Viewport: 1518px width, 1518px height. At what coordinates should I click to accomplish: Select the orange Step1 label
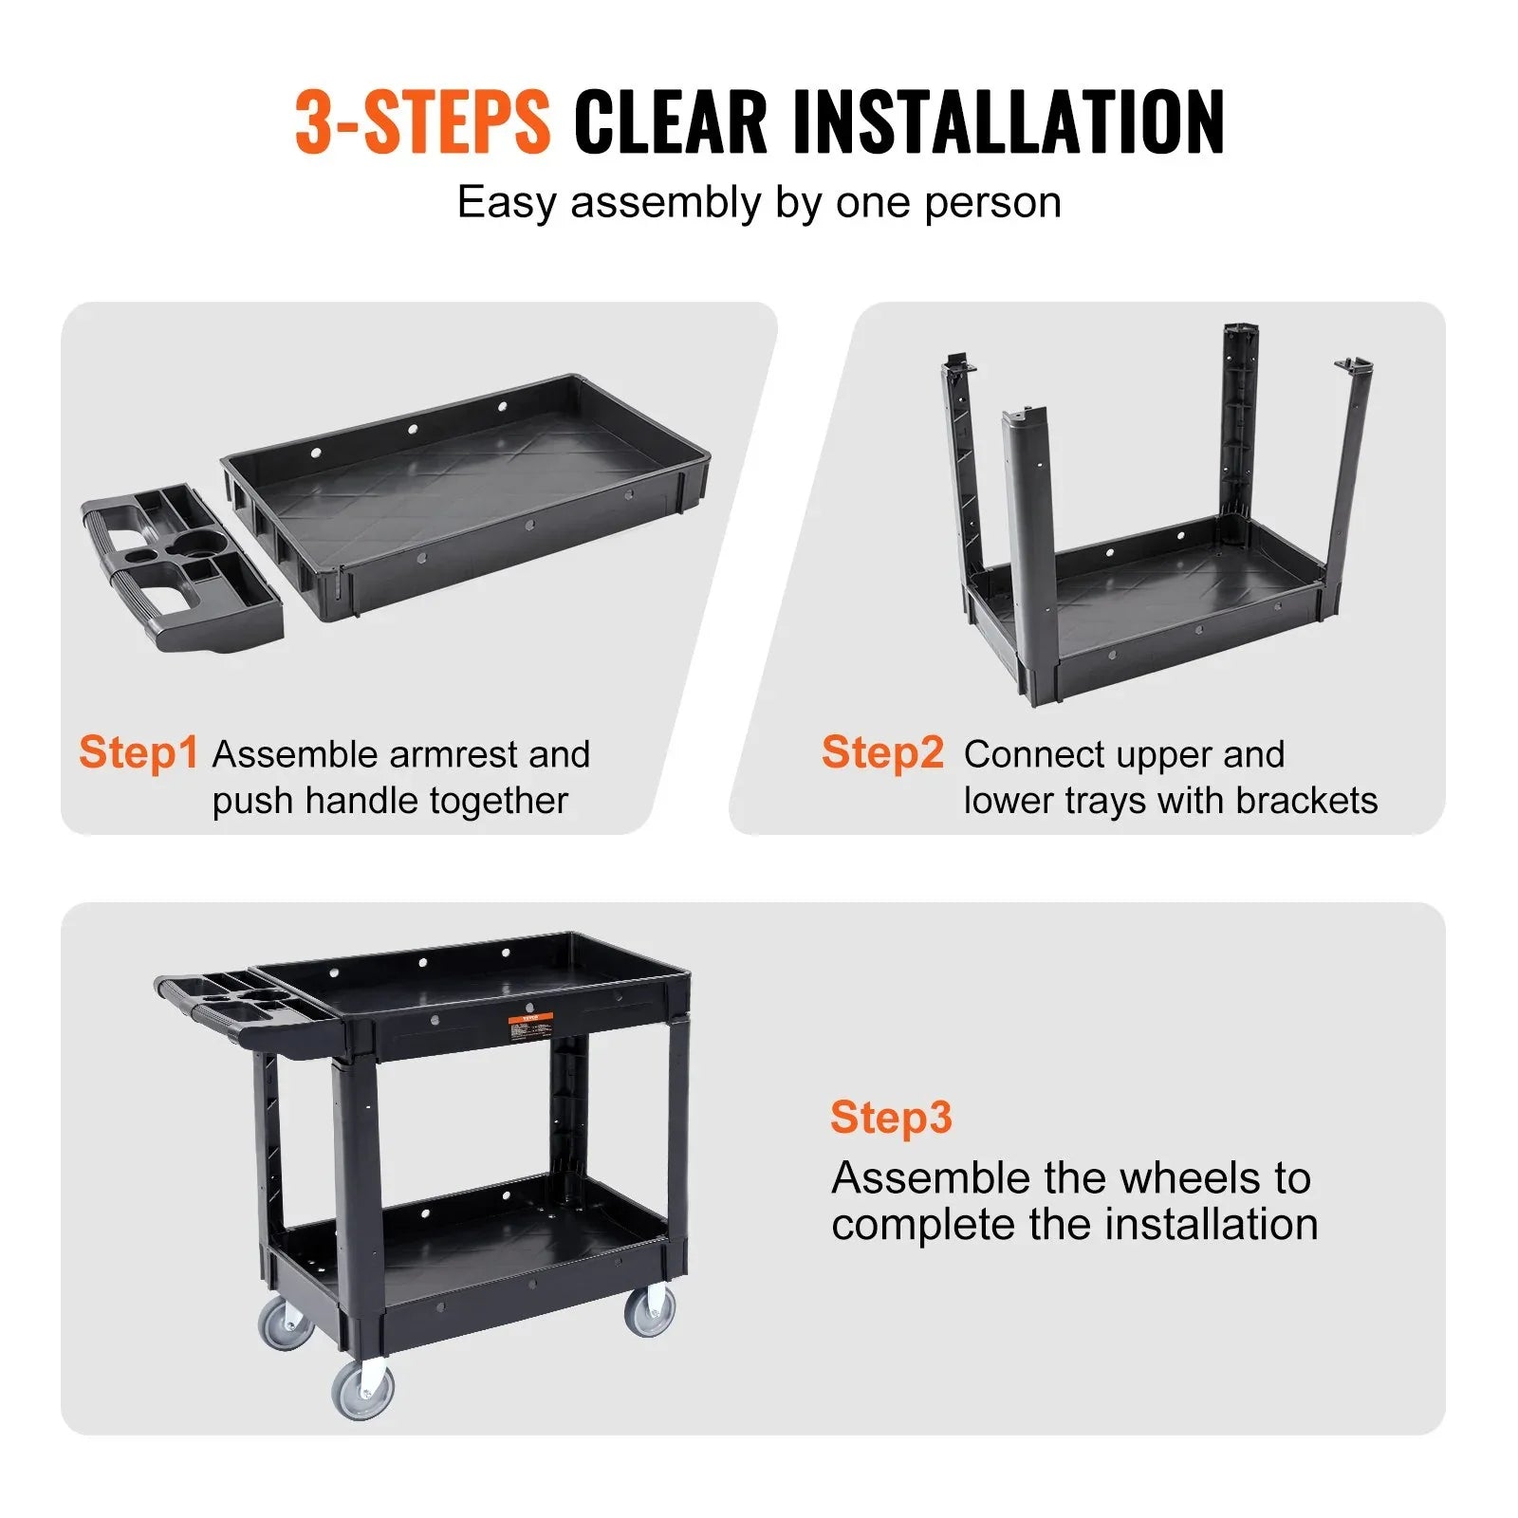[139, 752]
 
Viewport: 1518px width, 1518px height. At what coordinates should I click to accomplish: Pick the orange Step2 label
[882, 752]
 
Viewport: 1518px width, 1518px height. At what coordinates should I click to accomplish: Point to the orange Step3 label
[890, 1118]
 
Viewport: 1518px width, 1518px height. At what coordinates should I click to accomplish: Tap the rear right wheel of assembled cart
[651, 1310]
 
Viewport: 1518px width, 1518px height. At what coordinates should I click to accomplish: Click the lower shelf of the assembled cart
[474, 1233]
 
